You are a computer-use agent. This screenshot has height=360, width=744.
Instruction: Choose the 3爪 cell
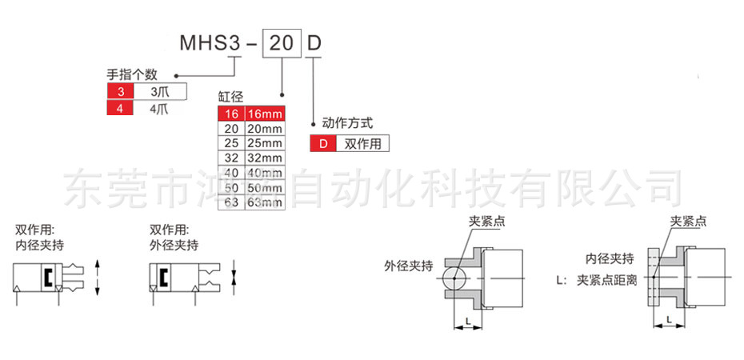coord(160,92)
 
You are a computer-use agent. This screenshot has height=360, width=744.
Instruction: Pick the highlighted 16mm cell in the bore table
coord(264,114)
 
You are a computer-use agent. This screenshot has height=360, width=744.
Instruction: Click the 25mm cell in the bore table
coord(264,143)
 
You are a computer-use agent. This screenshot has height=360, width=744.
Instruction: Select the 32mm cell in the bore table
coord(264,158)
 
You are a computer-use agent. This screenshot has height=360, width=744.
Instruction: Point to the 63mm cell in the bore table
coord(264,202)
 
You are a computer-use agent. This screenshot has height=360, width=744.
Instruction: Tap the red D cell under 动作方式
coord(323,144)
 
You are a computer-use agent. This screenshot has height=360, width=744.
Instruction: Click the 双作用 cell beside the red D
coord(362,144)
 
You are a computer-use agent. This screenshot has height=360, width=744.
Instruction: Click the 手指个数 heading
coord(133,74)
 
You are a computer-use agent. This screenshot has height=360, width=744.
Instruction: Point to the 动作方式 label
coord(347,124)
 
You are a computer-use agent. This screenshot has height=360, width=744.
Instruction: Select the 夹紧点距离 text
coord(607,281)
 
